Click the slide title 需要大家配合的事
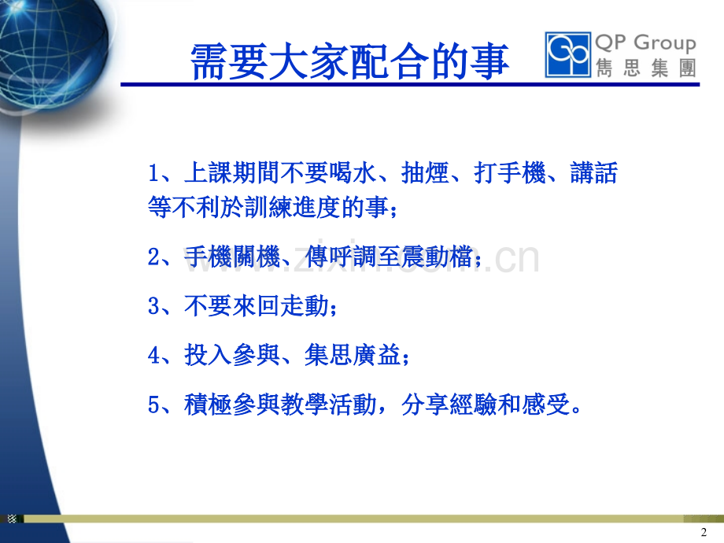350,62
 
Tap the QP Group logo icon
567,54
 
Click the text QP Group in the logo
645,43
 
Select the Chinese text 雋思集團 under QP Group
645,68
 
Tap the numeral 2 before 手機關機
154,259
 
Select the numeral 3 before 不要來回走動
154,306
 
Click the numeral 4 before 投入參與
154,356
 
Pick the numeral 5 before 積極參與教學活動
154,405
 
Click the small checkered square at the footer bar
12,519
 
